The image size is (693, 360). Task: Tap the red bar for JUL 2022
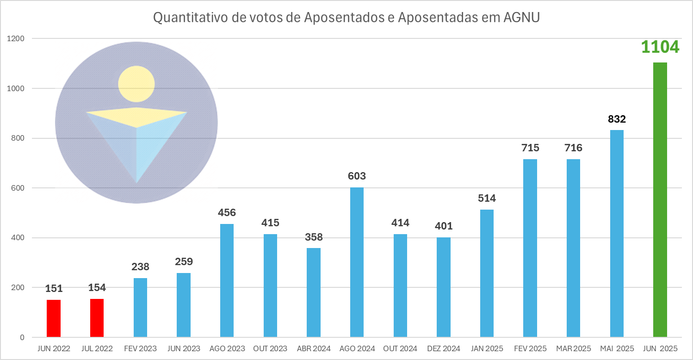97,318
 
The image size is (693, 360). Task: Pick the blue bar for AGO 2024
357,262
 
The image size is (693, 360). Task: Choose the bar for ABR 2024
314,292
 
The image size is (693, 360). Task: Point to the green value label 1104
660,47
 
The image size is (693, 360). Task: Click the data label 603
357,176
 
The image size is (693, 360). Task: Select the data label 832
617,119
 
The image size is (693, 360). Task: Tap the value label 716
573,148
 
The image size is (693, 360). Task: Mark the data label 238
140,267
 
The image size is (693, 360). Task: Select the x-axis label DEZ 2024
443,348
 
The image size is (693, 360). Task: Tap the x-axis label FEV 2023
140,348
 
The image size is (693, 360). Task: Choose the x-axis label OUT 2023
270,348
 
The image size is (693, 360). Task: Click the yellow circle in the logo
136,84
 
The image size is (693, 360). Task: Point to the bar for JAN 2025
487,273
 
